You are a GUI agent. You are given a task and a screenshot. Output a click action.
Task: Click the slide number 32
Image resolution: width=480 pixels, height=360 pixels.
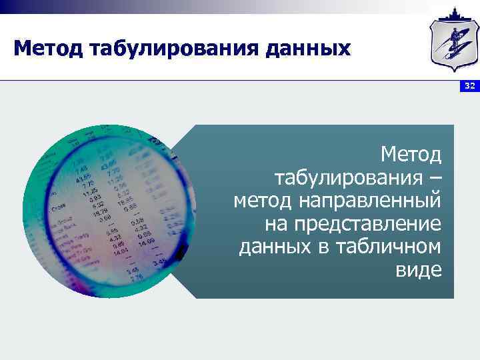[x=469, y=87]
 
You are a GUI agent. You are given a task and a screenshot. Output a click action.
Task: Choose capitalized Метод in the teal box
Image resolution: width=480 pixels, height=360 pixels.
[x=411, y=155]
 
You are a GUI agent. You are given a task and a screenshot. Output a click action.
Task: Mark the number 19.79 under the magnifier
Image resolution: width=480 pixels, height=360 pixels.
[x=101, y=212]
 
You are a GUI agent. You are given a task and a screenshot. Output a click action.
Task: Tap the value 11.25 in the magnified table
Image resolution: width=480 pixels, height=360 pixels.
[x=89, y=191]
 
